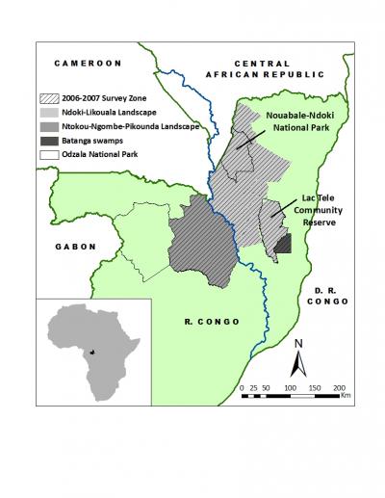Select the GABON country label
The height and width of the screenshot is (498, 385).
(70, 247)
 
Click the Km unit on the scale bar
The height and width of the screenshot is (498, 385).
(345, 394)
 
